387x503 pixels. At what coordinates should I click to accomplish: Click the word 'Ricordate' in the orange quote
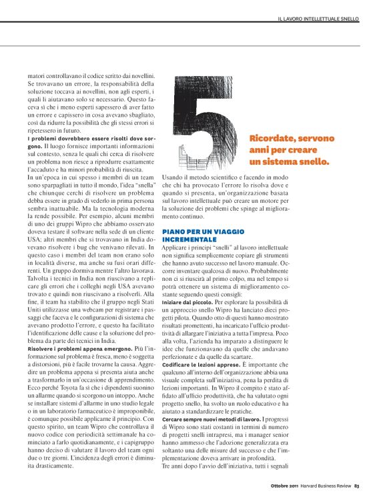[271, 138]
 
